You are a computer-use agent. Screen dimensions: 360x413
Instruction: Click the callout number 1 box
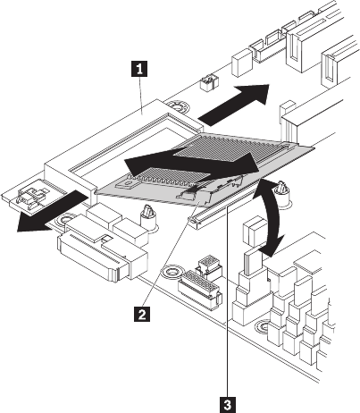tap(139, 69)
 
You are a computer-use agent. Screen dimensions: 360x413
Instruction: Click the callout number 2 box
tap(142, 314)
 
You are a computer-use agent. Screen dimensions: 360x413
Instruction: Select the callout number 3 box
tap(228, 405)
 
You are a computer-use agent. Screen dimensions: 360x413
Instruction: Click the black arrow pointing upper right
tap(234, 105)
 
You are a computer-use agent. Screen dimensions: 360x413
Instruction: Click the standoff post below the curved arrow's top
tap(281, 194)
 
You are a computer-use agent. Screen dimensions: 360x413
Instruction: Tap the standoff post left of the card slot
tap(147, 218)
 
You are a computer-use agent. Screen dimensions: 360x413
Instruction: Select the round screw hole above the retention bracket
tap(177, 106)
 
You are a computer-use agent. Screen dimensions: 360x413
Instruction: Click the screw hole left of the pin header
tap(172, 272)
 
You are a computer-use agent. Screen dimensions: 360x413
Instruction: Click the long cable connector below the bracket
tap(103, 257)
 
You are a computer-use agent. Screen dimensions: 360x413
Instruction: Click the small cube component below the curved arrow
tap(255, 232)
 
